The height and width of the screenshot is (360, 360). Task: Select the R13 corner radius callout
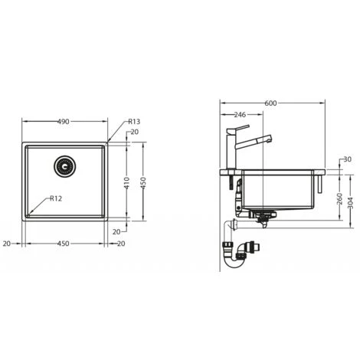point(133,121)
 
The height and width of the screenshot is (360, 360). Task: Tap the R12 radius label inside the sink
point(55,198)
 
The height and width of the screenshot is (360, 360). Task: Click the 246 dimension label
point(239,115)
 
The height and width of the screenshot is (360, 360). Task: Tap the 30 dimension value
point(348,159)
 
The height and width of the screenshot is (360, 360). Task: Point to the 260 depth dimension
point(339,197)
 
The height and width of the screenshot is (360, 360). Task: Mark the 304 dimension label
point(350,203)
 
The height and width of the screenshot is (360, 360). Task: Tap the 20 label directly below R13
point(134,132)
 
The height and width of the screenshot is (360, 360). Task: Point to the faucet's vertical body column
point(228,149)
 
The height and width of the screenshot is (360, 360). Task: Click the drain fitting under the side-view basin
point(263,217)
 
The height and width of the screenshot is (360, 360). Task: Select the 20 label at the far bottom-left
point(6,244)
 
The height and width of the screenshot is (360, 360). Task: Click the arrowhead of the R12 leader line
point(31,211)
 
